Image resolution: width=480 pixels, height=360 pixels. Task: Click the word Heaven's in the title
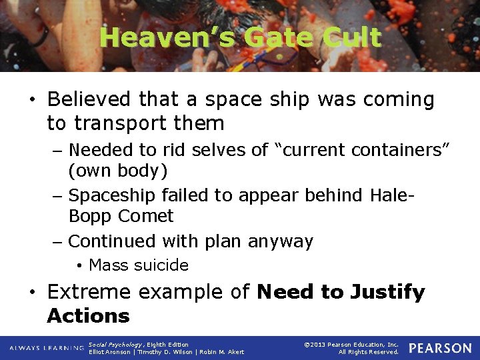(168, 37)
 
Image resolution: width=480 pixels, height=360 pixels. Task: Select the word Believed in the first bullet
(89, 99)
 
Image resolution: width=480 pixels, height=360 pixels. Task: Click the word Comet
(145, 216)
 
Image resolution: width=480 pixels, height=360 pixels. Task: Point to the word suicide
(162, 265)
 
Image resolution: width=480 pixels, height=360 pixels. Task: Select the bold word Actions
(88, 315)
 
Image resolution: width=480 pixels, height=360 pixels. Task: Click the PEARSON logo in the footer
(440, 348)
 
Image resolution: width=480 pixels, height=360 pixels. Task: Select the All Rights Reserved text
(369, 352)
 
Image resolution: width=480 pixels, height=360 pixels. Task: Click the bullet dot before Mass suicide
(79, 266)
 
